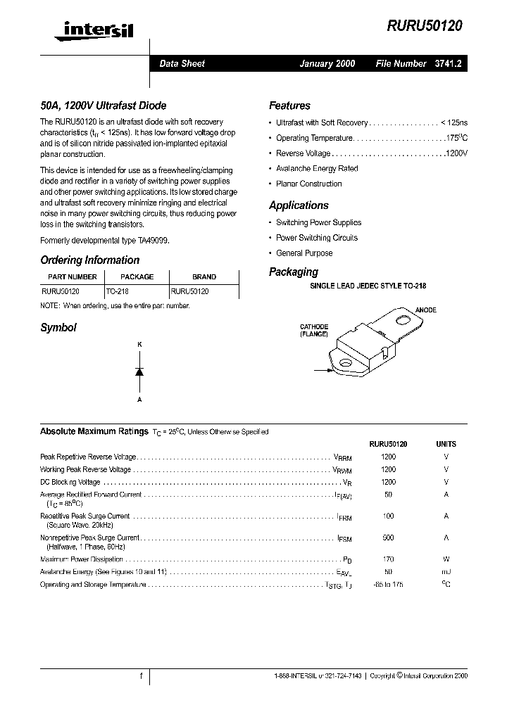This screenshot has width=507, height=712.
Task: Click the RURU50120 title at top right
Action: coord(425,25)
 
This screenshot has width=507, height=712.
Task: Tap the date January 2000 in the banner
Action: coord(327,63)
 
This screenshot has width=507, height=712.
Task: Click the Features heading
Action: coord(289,106)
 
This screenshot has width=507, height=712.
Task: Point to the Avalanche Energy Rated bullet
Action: coord(317,169)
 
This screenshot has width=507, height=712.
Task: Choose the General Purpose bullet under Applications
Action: coord(304,253)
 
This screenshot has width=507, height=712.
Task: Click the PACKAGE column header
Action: coord(137,277)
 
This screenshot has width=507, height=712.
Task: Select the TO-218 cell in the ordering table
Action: coord(118,291)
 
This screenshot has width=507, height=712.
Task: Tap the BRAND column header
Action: coord(204,277)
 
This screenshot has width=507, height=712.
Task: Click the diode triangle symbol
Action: coord(139,371)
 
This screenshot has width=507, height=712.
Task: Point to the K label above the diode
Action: coord(139,344)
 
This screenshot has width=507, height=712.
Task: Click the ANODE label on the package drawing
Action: coord(426,310)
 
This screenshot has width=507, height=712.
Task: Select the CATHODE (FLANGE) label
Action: coord(314,331)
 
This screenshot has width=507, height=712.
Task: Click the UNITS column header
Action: coord(446,445)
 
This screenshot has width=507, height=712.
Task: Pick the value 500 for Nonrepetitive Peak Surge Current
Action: coord(388,538)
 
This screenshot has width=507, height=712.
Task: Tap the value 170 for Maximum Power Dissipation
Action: coord(388,559)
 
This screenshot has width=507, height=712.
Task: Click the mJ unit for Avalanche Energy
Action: coord(446,572)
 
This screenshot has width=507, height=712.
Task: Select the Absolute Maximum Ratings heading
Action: coord(94,431)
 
